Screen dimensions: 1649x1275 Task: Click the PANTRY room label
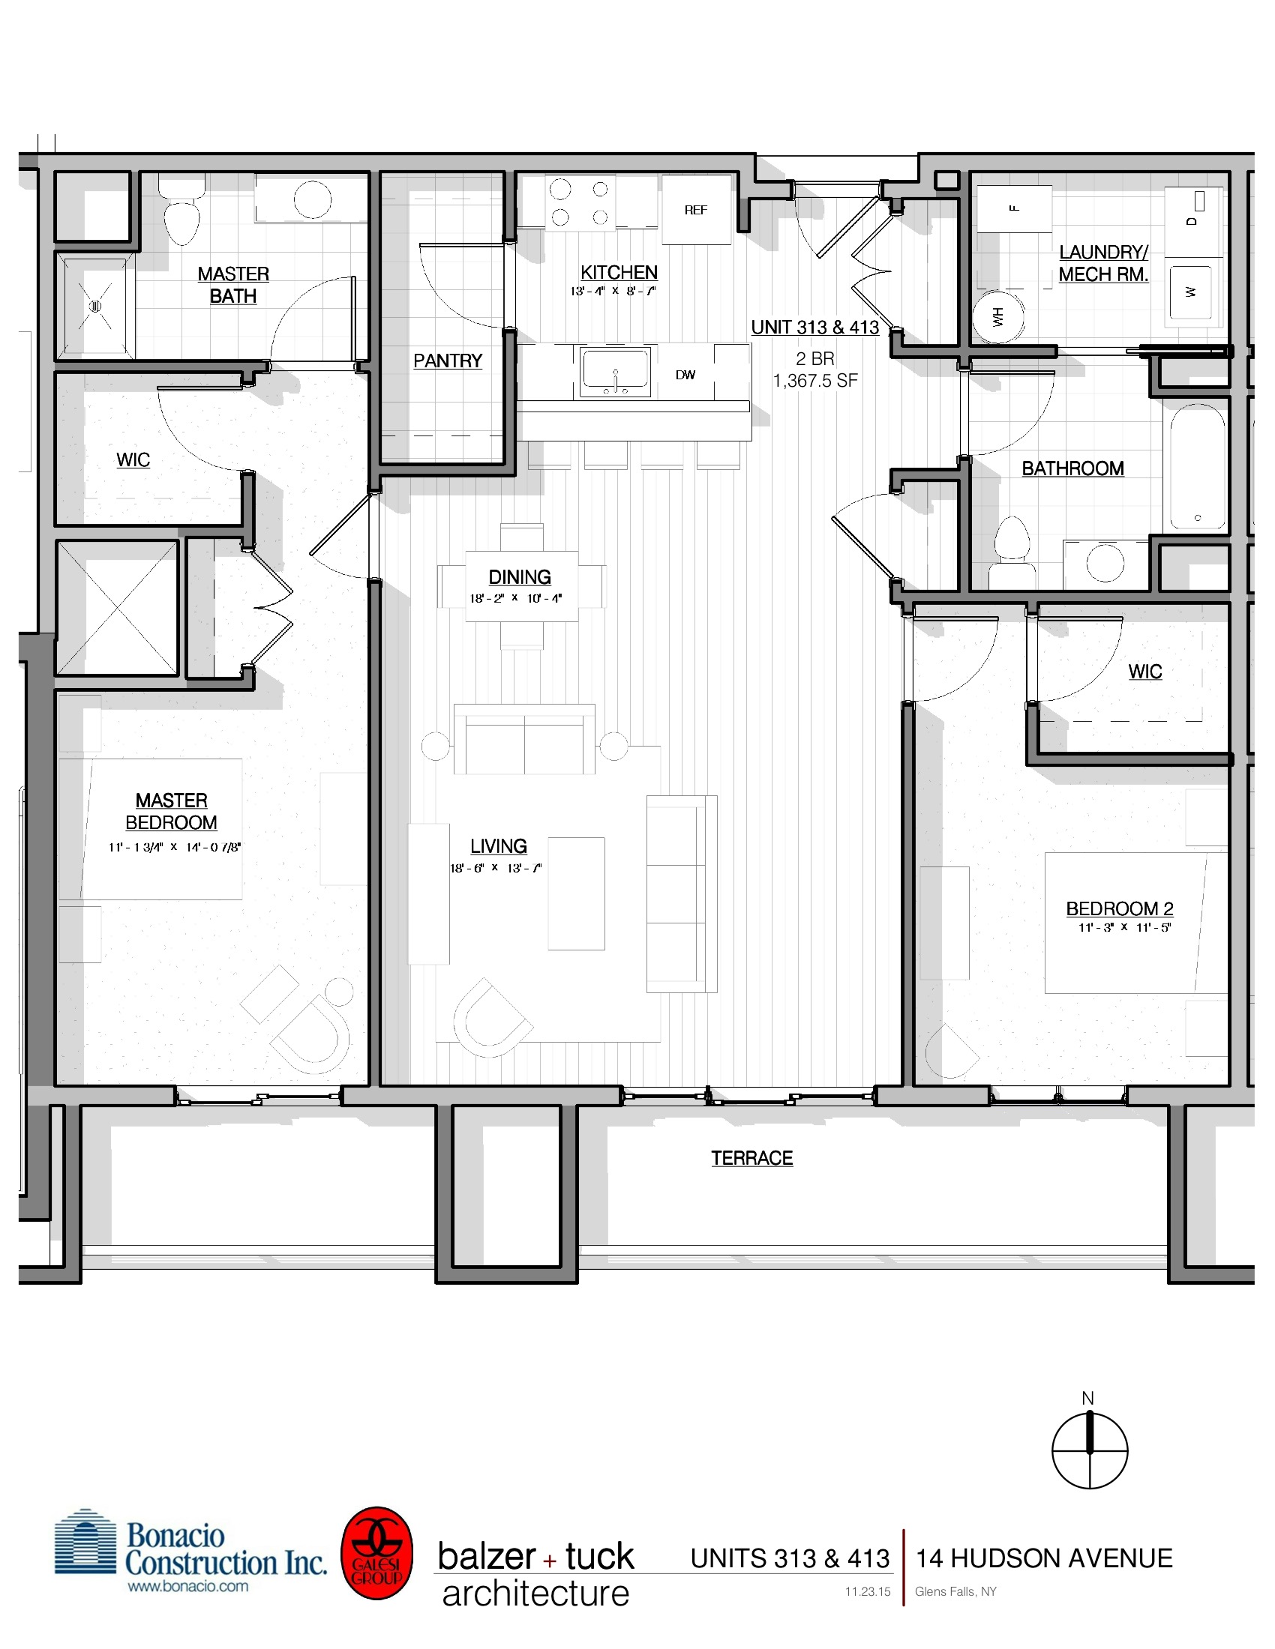click(x=447, y=361)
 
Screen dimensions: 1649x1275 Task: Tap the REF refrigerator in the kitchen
click(x=696, y=210)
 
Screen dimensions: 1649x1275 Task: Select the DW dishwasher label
click(x=685, y=375)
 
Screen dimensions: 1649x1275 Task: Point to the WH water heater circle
click(x=998, y=316)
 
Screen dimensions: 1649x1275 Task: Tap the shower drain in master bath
click(x=95, y=306)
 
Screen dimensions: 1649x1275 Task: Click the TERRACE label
click(x=751, y=1157)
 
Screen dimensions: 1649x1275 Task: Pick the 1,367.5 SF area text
click(x=815, y=381)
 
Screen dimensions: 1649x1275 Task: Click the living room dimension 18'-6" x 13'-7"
click(x=496, y=867)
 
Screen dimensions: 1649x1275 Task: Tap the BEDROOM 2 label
click(x=1120, y=908)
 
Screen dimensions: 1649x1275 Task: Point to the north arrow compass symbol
click(x=1089, y=1450)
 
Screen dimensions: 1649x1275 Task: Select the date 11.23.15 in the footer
click(x=867, y=1591)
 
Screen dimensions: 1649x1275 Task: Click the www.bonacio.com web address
click(x=187, y=1585)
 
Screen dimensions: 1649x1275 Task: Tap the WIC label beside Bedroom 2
click(x=1144, y=672)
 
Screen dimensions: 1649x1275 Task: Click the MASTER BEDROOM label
click(x=172, y=811)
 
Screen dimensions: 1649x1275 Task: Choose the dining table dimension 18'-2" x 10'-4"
click(x=515, y=598)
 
